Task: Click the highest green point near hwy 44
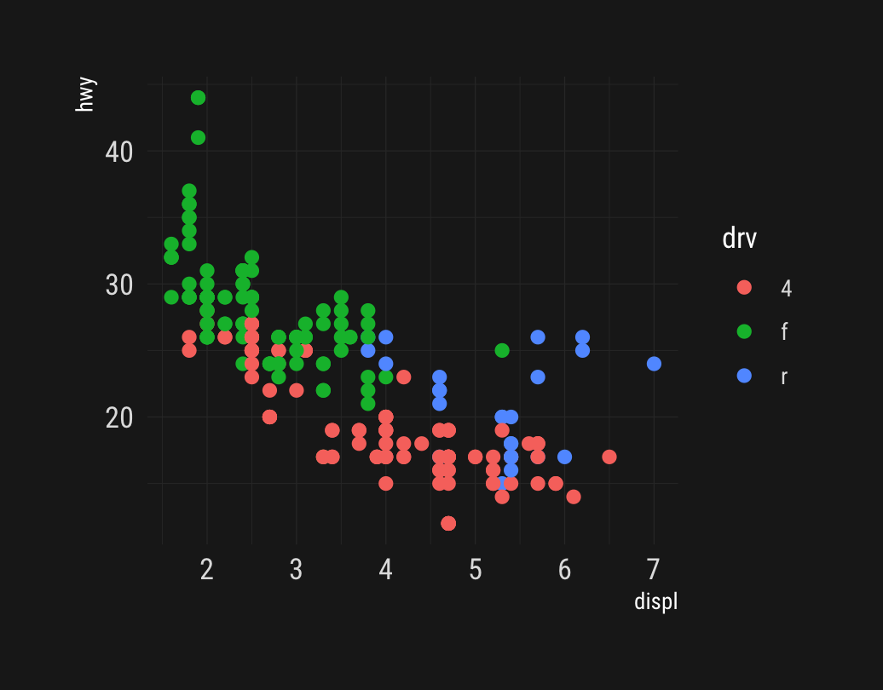tap(198, 98)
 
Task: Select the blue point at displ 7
tap(654, 364)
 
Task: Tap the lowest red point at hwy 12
tap(448, 523)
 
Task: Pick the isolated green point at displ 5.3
tap(502, 350)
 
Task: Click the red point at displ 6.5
tap(609, 457)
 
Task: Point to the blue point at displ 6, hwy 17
tap(564, 457)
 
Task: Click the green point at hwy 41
tap(198, 137)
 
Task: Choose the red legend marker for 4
tap(744, 288)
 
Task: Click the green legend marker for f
tap(744, 331)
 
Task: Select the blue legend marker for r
tap(744, 375)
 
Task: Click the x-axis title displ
tap(655, 602)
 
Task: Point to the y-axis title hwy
tap(85, 95)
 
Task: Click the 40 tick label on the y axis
tap(119, 152)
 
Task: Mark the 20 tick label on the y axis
tap(119, 417)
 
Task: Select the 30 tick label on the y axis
tap(119, 285)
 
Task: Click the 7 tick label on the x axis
tap(654, 570)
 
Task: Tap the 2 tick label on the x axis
tap(206, 570)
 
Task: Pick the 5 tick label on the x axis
tap(475, 570)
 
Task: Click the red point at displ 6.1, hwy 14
tap(574, 497)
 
